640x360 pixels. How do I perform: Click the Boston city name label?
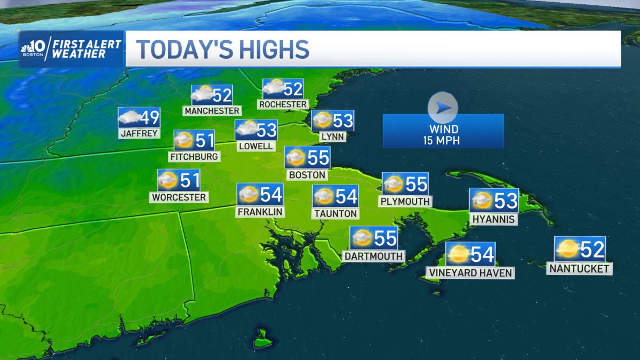pos(307,174)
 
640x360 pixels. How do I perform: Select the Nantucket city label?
pos(579,269)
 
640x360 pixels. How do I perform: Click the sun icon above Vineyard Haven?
pos(458,254)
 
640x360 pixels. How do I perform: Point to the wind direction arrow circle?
pos(443,108)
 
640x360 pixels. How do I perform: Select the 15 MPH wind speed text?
pos(443,140)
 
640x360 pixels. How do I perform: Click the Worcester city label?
pos(179,197)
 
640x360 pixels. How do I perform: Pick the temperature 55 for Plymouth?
pos(416,184)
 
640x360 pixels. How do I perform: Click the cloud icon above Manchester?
pos(202,95)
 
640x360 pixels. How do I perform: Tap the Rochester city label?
pos(283,104)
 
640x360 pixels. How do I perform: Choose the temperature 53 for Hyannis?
pos(505,201)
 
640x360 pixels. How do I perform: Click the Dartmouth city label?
pos(373,256)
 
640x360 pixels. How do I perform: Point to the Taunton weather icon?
pos(324,197)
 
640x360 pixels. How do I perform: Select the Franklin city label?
pos(260,212)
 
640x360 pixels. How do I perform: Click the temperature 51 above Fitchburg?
pos(204,141)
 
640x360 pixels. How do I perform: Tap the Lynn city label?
pos(332,137)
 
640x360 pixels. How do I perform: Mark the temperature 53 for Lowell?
pos(267,130)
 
